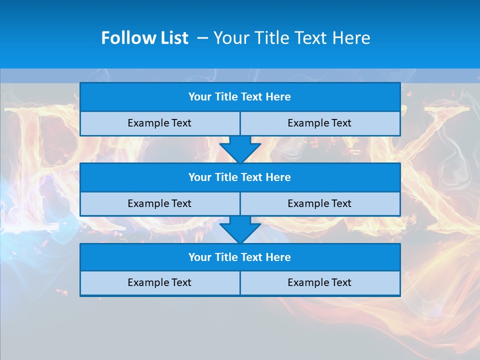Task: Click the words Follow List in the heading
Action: click(x=144, y=38)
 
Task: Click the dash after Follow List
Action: click(x=202, y=38)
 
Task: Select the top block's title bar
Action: click(x=240, y=97)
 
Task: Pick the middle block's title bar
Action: click(x=240, y=177)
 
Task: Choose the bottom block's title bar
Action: click(x=240, y=257)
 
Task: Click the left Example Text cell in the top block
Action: click(x=159, y=123)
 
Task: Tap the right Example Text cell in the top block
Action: click(x=319, y=123)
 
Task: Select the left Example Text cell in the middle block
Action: click(x=159, y=203)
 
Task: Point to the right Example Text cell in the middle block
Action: click(x=319, y=203)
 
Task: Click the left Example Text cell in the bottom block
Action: click(x=159, y=282)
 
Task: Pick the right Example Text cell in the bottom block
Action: click(x=319, y=282)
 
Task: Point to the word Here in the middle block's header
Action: click(x=278, y=177)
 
